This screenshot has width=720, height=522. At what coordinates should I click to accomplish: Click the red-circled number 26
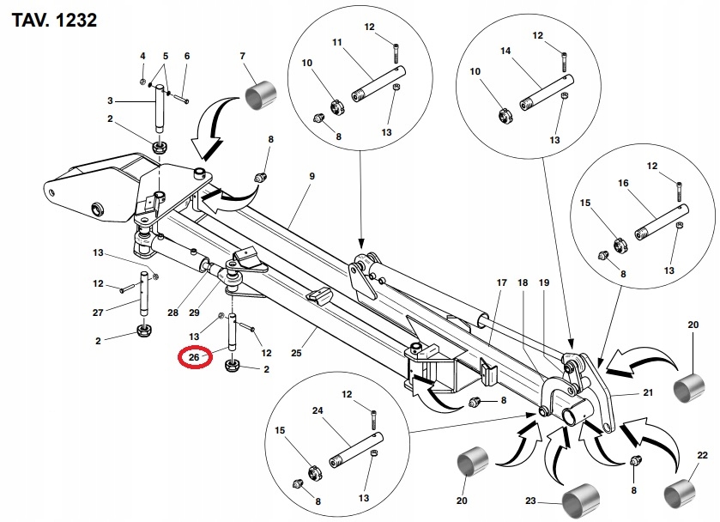194,356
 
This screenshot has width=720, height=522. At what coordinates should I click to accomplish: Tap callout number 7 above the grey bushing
243,57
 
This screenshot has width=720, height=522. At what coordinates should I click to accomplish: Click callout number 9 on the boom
312,176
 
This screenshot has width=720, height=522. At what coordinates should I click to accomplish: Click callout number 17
502,283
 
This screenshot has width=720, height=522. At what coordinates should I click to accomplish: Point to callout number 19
543,283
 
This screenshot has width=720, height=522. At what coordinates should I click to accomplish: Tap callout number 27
98,313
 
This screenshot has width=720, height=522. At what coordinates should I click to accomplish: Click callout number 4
142,56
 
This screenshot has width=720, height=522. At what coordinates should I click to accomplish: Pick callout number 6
186,56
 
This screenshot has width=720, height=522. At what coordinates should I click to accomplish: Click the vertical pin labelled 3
160,110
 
